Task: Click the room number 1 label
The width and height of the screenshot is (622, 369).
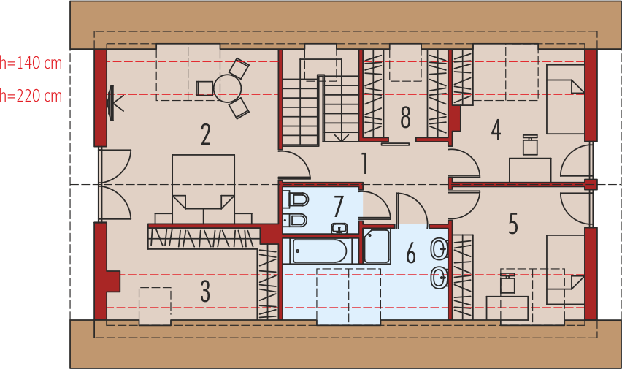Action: (x=363, y=164)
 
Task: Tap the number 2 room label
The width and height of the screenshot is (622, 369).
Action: (x=206, y=135)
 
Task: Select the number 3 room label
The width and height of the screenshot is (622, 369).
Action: (x=205, y=292)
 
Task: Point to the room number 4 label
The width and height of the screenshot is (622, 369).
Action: (x=496, y=130)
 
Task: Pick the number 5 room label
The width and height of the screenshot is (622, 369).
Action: (x=513, y=224)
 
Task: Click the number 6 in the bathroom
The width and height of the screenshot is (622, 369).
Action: (x=410, y=253)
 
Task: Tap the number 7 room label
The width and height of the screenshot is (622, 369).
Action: (x=338, y=206)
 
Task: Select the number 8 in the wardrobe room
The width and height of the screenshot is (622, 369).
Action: (x=405, y=117)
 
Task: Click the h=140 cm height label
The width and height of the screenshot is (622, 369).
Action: (x=31, y=63)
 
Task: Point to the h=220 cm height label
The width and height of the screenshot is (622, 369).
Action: (x=31, y=95)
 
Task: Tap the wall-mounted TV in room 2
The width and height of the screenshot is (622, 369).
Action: (x=112, y=103)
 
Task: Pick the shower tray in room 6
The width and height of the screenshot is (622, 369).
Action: (x=377, y=246)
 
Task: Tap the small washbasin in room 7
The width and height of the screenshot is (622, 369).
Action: (x=339, y=228)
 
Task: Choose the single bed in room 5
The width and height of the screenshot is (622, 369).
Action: (x=566, y=269)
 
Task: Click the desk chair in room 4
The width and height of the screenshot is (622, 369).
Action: (x=530, y=145)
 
